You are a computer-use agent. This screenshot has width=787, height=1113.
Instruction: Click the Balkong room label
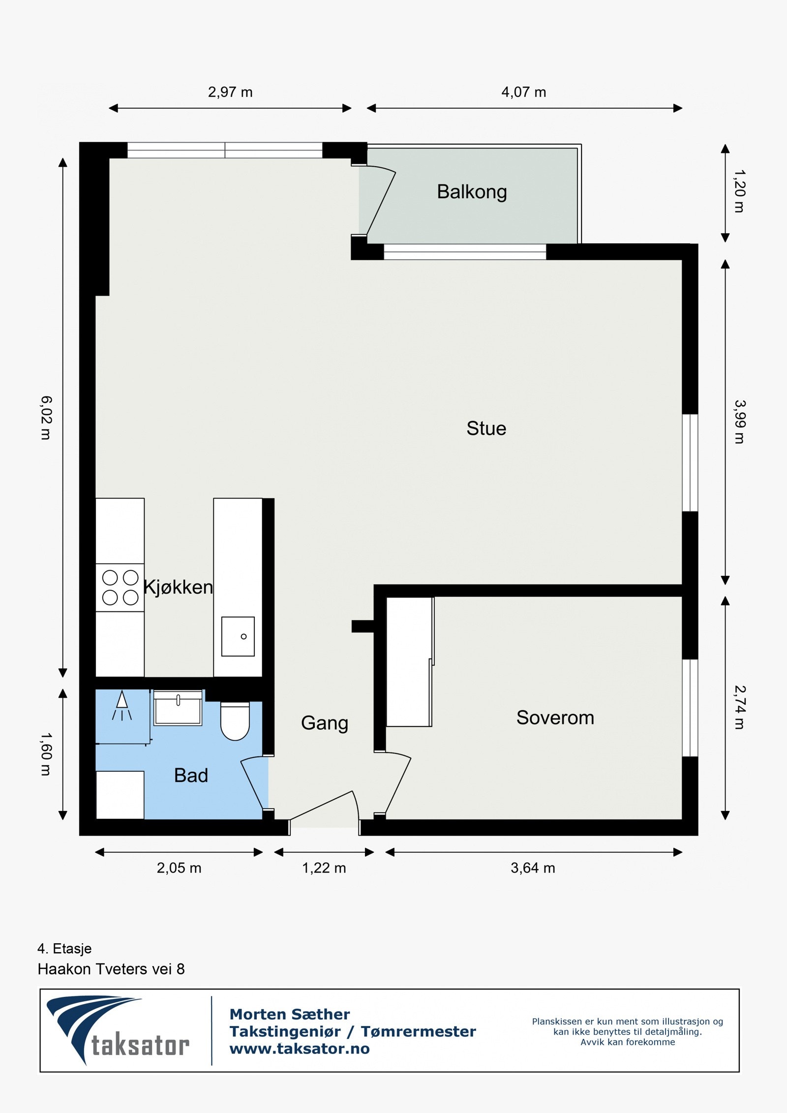(471, 192)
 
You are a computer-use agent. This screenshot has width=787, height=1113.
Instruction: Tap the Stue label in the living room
(486, 428)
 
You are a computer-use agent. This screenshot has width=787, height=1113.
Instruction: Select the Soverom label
(555, 718)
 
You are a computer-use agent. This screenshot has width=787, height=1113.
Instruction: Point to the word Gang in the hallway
(324, 723)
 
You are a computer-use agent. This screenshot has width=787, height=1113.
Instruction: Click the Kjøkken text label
(178, 587)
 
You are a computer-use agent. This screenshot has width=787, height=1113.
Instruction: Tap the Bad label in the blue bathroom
(191, 776)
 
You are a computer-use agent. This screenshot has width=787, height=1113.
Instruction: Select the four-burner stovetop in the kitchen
(120, 587)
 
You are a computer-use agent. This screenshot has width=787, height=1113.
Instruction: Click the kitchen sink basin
(238, 636)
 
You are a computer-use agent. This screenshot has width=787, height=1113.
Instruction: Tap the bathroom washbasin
(178, 708)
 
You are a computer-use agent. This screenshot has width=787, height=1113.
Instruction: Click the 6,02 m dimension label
(45, 418)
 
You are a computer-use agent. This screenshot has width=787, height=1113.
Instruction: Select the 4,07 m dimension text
(523, 92)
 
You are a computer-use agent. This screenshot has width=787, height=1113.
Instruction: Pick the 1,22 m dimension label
(324, 868)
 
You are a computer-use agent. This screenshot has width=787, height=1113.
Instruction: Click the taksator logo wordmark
(140, 1045)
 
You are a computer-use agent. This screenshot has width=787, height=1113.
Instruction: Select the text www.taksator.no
(299, 1049)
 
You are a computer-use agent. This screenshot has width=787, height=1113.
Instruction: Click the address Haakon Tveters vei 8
(111, 969)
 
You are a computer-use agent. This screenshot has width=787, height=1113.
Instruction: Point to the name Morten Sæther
(289, 1014)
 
